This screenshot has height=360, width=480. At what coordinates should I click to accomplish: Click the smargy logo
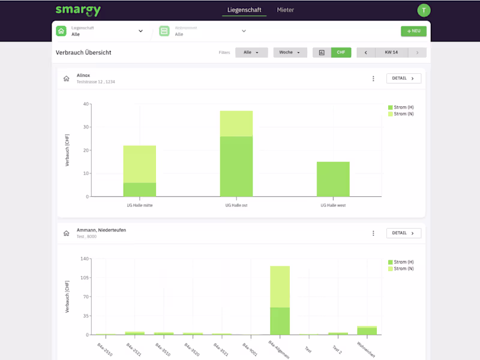[78, 10]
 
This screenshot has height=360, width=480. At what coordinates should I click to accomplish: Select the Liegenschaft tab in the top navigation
[244, 10]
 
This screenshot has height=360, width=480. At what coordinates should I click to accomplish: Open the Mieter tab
[286, 10]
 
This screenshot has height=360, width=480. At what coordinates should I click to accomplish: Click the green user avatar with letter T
[424, 10]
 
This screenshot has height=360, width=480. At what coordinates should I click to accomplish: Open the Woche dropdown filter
[290, 53]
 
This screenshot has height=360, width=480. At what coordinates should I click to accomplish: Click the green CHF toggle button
[341, 53]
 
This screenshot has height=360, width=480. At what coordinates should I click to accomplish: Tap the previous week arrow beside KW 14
[366, 53]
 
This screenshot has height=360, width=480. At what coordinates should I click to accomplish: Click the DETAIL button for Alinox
[404, 79]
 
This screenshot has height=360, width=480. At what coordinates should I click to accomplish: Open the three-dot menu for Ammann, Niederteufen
[373, 233]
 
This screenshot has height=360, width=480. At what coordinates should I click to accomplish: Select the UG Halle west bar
[333, 179]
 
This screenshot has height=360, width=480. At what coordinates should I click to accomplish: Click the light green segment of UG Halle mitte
[140, 164]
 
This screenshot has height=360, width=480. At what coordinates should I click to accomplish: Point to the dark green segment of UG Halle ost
[236, 166]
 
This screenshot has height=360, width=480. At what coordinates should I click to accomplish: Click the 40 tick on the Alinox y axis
[86, 104]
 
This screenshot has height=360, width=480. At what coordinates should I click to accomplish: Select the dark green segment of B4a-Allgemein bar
[280, 321]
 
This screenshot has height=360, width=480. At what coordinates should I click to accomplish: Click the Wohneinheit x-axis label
[365, 350]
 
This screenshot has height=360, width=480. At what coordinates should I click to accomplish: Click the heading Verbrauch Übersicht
[83, 53]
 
